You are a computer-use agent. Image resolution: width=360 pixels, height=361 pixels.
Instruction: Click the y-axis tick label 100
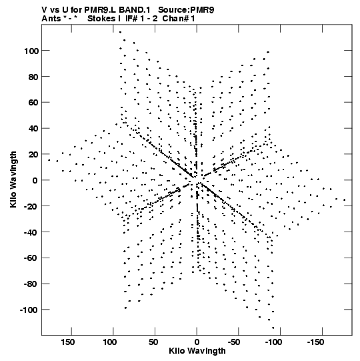click(x=31, y=51)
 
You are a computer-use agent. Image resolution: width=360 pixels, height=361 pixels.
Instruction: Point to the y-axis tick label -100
click(x=29, y=310)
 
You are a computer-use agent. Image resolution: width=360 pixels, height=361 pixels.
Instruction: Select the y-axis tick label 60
click(x=33, y=103)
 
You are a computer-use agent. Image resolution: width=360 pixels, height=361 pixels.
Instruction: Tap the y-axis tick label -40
click(x=31, y=232)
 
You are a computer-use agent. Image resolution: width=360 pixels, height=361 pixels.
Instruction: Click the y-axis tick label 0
click(x=35, y=180)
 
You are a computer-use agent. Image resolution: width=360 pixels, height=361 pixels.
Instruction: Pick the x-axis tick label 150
click(x=67, y=342)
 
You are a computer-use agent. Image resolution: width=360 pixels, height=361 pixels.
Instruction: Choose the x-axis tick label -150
click(x=315, y=342)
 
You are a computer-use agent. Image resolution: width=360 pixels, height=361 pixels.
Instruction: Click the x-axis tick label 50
click(x=153, y=342)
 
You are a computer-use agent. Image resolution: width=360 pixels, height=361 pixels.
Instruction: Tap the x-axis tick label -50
click(x=234, y=342)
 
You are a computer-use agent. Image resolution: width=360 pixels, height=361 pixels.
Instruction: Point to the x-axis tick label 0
click(x=197, y=342)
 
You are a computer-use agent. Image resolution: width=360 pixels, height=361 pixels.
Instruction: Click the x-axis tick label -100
click(x=274, y=342)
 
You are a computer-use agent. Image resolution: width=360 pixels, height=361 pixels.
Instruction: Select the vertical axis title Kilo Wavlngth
click(x=13, y=179)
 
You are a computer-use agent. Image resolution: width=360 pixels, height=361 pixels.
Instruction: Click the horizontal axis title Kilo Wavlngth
click(x=197, y=351)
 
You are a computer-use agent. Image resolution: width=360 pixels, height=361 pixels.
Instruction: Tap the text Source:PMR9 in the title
click(x=186, y=10)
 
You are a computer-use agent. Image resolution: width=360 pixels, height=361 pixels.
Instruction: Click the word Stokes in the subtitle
click(x=101, y=19)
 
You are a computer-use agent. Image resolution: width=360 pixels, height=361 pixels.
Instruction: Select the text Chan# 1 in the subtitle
click(x=179, y=19)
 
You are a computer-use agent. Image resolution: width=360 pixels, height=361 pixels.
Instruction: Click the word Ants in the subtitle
click(x=51, y=19)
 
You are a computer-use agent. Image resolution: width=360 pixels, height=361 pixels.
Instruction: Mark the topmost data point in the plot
click(x=120, y=32)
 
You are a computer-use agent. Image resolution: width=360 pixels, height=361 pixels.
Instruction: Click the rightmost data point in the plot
click(x=345, y=200)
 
